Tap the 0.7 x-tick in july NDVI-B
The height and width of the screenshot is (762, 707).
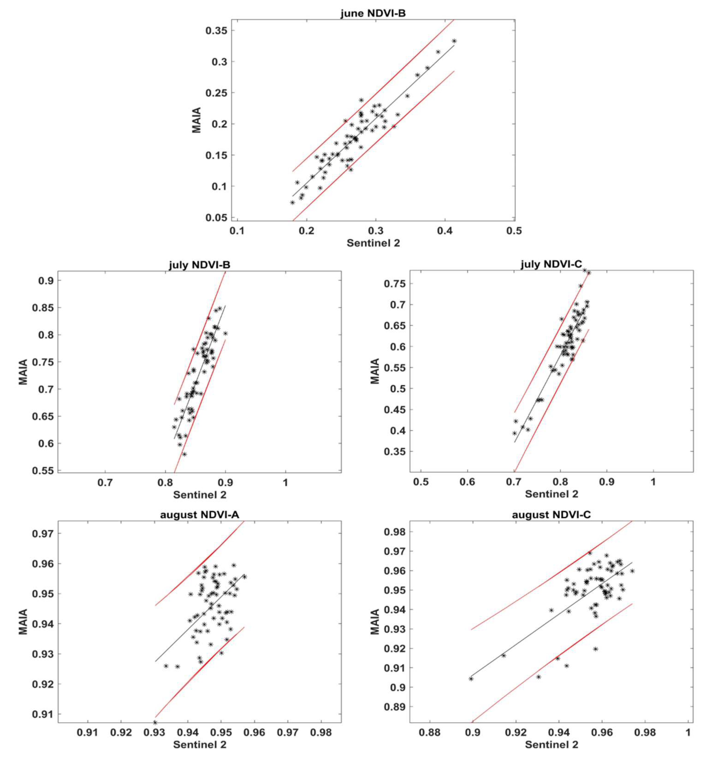click(x=105, y=482)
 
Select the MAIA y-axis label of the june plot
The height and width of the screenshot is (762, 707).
click(x=197, y=120)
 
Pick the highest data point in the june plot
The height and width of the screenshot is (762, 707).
click(x=454, y=41)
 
